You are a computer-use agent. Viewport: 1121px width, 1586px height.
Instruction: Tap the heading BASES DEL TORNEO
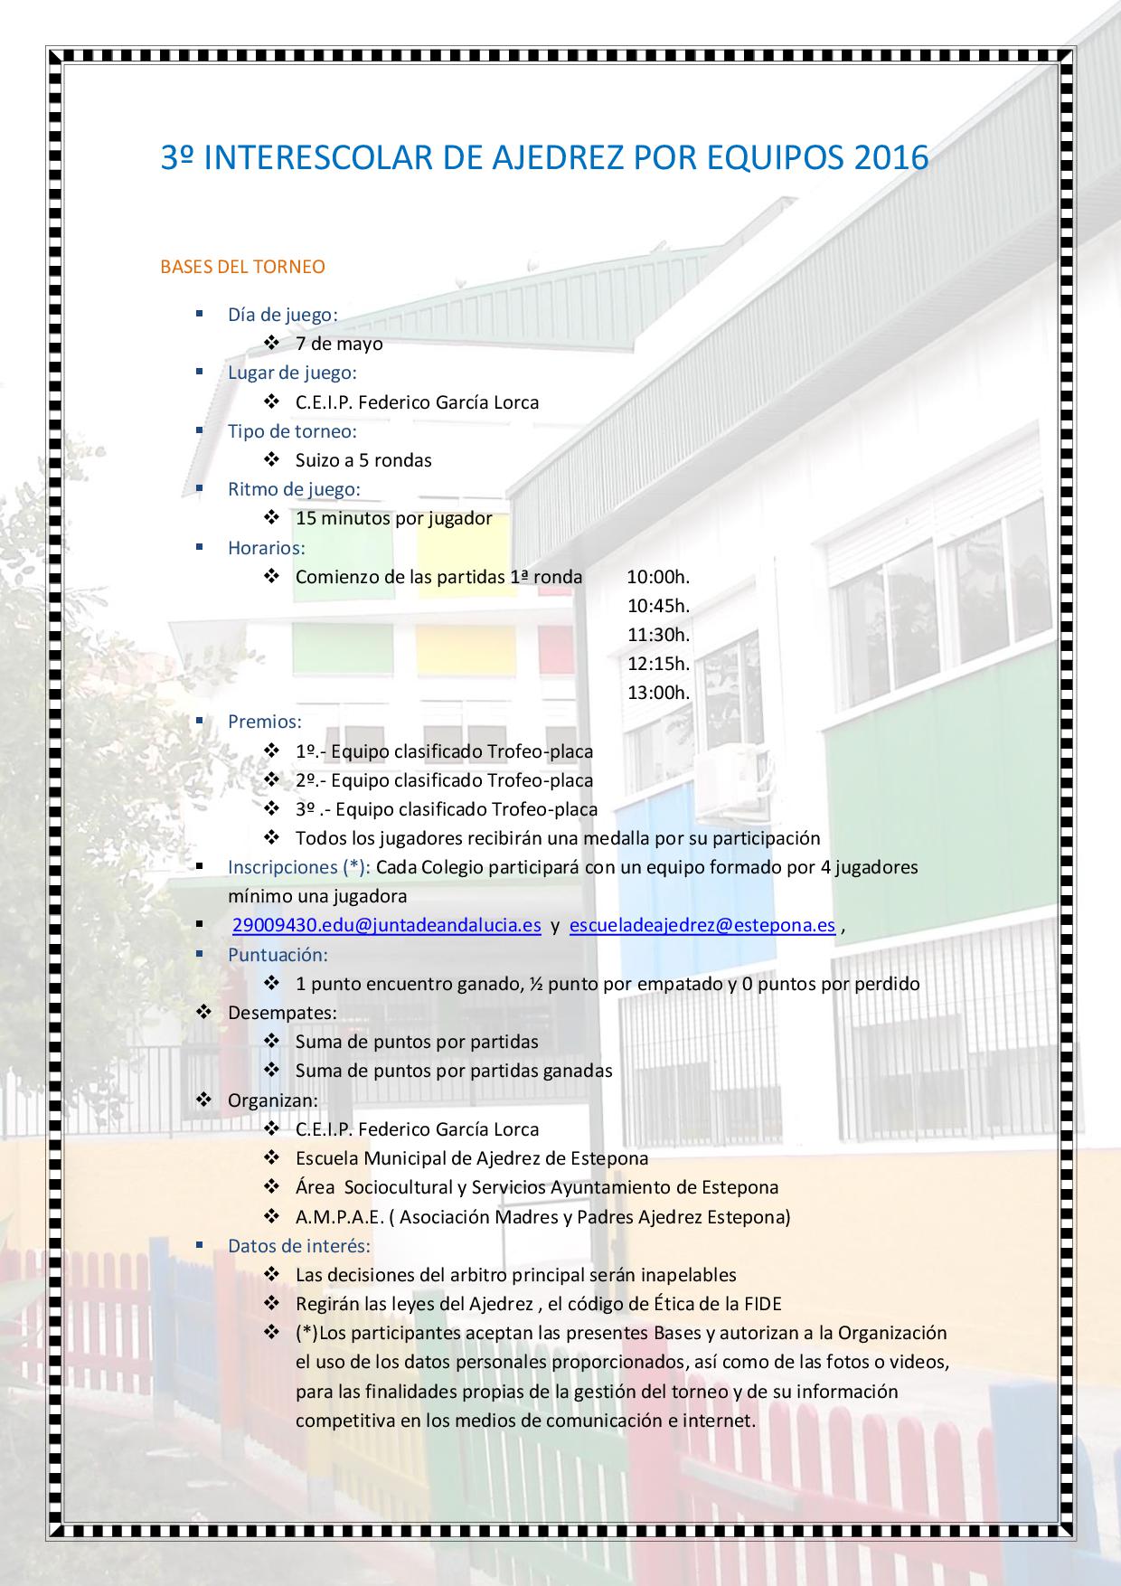(x=242, y=267)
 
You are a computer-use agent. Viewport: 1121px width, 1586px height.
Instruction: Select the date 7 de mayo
(x=339, y=344)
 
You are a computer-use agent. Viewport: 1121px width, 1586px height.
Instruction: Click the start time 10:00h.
(x=658, y=577)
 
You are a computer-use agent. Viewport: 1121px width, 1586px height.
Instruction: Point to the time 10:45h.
(x=658, y=606)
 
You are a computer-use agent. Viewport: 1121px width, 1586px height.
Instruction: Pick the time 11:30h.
(x=658, y=635)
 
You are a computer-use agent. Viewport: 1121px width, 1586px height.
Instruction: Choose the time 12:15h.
(x=658, y=664)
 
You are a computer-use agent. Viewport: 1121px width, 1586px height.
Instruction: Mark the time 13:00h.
(x=658, y=693)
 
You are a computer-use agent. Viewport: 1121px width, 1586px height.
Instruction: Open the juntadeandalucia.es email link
(x=387, y=925)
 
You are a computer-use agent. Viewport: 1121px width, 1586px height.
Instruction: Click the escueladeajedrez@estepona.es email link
(x=702, y=925)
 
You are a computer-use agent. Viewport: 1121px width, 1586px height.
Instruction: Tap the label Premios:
(x=265, y=722)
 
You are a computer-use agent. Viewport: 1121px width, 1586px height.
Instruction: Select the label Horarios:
(x=267, y=547)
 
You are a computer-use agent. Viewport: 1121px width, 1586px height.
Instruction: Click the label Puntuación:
(x=278, y=954)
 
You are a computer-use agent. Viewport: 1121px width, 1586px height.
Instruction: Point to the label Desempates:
(x=282, y=1013)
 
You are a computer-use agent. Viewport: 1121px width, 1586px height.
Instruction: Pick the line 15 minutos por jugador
(x=393, y=518)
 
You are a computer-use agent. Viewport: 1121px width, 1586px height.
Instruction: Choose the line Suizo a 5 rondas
(x=363, y=460)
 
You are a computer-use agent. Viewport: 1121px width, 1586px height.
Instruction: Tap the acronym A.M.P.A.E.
(x=339, y=1217)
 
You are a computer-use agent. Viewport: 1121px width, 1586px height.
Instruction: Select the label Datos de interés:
(x=299, y=1245)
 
